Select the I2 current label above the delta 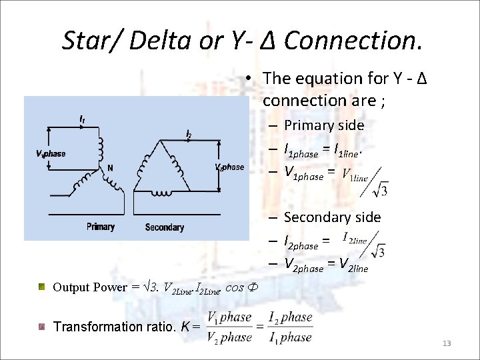[189, 135]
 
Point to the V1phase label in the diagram [51, 153]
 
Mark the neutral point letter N [109, 168]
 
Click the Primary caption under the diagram [100, 227]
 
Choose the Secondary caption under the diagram [164, 227]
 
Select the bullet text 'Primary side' [324, 125]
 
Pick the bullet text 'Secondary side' [332, 217]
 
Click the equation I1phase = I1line [323, 151]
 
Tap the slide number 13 [447, 343]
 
